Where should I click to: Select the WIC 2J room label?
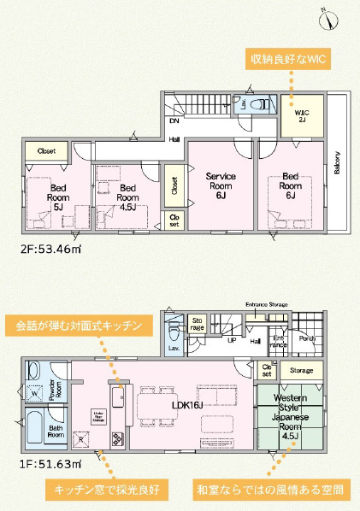302,116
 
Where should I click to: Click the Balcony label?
337,162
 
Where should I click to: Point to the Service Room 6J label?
220,185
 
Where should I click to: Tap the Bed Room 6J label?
290,185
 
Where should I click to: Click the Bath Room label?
56,431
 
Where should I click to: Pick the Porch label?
309,337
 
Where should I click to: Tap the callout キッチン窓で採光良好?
107,490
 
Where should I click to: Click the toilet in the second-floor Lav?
261,103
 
